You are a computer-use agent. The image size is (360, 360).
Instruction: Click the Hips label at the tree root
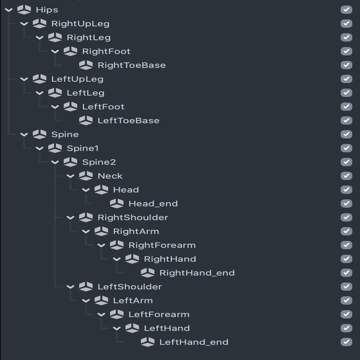coord(47,10)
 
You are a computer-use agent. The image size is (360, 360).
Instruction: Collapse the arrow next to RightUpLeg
coord(24,24)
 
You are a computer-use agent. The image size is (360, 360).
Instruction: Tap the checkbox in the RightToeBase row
coord(346,65)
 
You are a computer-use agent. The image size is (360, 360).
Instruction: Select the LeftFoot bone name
coord(103,107)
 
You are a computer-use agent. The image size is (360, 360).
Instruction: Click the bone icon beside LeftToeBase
coord(86,120)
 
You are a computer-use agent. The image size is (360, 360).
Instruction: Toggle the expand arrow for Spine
coord(24,135)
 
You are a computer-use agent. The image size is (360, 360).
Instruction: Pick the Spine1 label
coord(83,148)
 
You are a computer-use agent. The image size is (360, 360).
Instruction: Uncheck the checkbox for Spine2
coord(346,162)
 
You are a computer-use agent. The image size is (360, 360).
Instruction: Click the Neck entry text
coord(110,176)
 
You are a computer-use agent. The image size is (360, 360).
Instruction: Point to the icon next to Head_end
coord(117,204)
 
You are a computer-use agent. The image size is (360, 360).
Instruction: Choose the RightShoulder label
coord(133,218)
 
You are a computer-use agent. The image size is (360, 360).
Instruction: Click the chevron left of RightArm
coord(86,232)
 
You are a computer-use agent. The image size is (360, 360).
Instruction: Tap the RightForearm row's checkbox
coord(346,245)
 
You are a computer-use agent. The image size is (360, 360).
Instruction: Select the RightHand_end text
coord(197,273)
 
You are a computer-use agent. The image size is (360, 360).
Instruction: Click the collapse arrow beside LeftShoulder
coord(70,287)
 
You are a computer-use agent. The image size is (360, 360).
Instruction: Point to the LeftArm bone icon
coord(101,300)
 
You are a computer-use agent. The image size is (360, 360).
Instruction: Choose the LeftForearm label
coord(159,315)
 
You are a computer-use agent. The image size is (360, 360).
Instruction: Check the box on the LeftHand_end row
coord(346,342)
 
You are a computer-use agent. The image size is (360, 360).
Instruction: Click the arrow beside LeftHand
coord(117,328)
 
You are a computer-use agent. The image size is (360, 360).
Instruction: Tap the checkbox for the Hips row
coord(346,10)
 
